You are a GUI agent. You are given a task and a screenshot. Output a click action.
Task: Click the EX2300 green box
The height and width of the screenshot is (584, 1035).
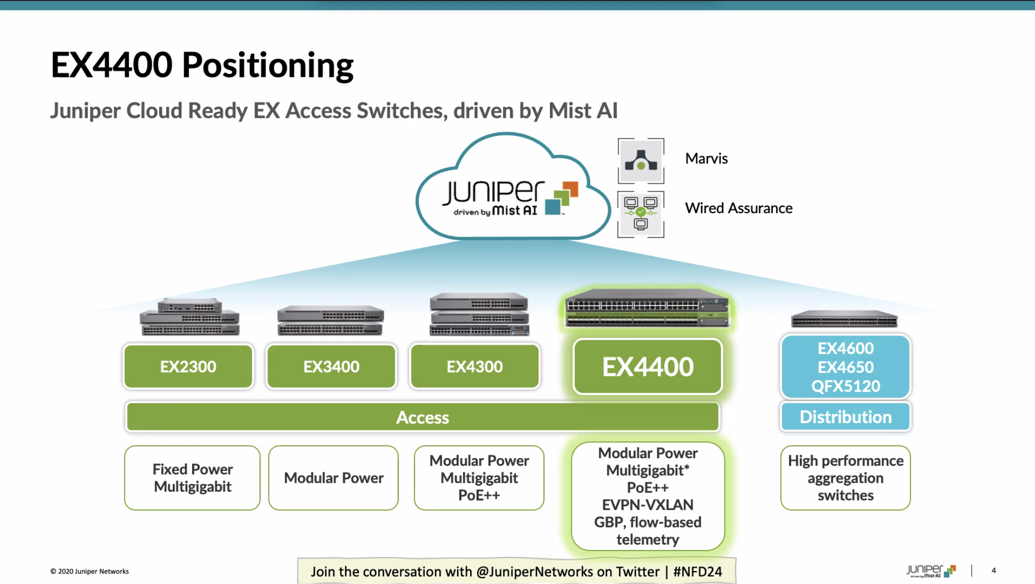(188, 366)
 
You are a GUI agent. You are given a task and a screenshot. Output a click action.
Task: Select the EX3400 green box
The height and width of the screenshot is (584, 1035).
(331, 366)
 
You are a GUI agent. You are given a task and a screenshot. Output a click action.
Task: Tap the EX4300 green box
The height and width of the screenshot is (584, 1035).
(475, 366)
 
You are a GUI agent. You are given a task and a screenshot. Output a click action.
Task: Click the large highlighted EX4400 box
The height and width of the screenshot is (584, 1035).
(648, 367)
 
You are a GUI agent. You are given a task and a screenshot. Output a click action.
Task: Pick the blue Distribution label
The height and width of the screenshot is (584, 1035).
(845, 417)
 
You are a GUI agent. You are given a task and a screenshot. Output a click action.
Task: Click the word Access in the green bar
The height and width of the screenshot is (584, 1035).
(422, 417)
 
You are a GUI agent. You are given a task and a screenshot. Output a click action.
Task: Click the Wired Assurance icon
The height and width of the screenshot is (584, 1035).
(641, 214)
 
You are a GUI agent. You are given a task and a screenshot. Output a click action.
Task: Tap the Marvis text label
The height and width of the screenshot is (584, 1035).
(706, 159)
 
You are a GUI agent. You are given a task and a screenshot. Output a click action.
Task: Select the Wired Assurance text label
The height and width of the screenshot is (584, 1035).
(739, 208)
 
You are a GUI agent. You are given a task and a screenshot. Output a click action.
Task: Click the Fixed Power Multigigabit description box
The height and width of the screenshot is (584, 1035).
(192, 478)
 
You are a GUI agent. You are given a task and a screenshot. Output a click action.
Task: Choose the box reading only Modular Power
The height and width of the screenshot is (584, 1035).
(333, 478)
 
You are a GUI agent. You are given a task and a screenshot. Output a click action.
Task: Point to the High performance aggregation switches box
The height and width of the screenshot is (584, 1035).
(845, 478)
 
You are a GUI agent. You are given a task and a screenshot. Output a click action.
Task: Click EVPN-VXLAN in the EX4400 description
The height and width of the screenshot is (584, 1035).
(647, 505)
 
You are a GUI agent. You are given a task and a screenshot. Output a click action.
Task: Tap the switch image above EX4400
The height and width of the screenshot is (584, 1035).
(647, 307)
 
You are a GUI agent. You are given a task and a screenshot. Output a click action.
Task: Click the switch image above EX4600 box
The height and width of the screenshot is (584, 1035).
(844, 318)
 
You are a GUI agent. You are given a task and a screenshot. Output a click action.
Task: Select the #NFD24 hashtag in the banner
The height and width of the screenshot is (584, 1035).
(697, 572)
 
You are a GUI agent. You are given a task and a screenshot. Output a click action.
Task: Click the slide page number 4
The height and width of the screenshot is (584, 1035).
(994, 571)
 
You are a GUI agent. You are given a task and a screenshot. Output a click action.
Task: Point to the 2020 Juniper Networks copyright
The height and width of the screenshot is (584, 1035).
(90, 572)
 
